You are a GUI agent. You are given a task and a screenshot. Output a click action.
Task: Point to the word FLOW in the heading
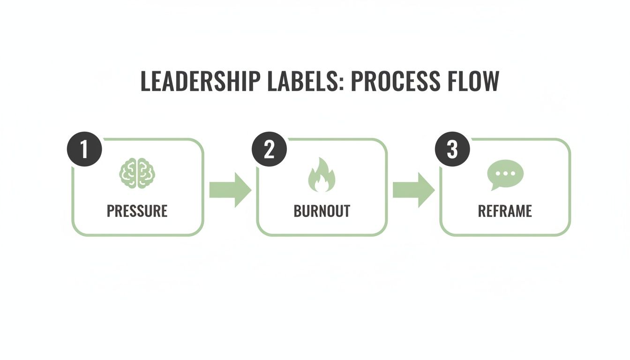(472, 82)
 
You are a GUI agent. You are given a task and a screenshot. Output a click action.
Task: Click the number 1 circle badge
(84, 150)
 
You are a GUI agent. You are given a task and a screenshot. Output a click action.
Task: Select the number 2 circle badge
(269, 150)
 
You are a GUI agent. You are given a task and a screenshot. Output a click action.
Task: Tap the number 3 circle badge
(452, 150)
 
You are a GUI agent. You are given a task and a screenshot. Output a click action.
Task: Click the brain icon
(137, 174)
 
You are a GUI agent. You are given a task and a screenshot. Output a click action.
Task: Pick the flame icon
(322, 175)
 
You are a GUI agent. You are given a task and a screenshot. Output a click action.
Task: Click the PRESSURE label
(137, 211)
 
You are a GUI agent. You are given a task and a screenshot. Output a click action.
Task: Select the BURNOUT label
(322, 211)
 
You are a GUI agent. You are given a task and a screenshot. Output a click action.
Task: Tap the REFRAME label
(505, 211)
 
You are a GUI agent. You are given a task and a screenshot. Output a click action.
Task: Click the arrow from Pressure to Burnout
(230, 190)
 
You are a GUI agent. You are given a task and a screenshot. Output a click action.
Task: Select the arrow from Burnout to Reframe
(413, 190)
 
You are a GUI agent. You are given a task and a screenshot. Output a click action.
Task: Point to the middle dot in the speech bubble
(505, 172)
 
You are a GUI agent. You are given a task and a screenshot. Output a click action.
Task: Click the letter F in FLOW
(449, 82)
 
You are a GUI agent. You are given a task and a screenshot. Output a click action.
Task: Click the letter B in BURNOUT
(297, 211)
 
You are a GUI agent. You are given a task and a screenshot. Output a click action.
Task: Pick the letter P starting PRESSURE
(110, 211)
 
